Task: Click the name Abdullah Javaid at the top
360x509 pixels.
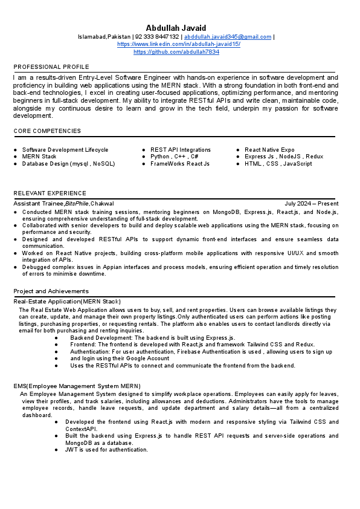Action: [176, 28]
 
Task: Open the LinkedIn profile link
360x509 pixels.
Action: [178, 45]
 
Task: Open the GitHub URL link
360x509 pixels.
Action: [176, 53]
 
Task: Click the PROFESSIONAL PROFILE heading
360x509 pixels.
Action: [51, 66]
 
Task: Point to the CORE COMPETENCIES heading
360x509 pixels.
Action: [47, 131]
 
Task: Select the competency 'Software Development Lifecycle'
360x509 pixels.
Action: [65, 150]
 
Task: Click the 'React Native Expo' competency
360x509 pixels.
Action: [269, 150]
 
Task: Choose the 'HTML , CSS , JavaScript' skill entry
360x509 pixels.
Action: [278, 164]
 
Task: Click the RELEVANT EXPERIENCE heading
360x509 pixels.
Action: [50, 193]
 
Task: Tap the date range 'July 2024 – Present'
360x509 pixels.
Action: [312, 204]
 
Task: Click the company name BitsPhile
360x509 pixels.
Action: [77, 204]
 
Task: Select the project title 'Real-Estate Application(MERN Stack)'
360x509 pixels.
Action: [67, 301]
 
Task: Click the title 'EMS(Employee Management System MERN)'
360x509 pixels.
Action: [77, 386]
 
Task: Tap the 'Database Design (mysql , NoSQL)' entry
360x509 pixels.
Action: [68, 164]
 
